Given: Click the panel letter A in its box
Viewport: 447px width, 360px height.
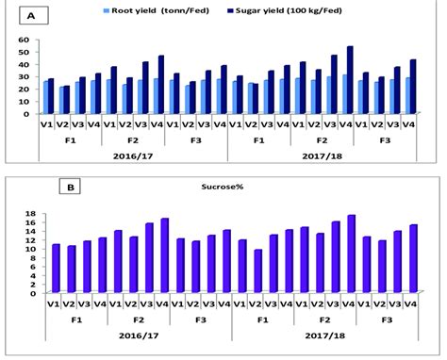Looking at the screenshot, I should pos(34,16).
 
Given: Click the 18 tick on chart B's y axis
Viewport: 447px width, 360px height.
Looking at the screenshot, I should pos(29,215).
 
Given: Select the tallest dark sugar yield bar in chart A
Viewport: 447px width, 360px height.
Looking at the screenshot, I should pos(351,80).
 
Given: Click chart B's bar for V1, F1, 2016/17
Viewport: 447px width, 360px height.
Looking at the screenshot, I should pos(56,269).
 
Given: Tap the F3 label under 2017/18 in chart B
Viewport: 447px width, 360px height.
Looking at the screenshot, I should pos(384,318).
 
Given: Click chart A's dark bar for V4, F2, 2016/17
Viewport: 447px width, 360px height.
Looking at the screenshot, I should pos(161,85).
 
